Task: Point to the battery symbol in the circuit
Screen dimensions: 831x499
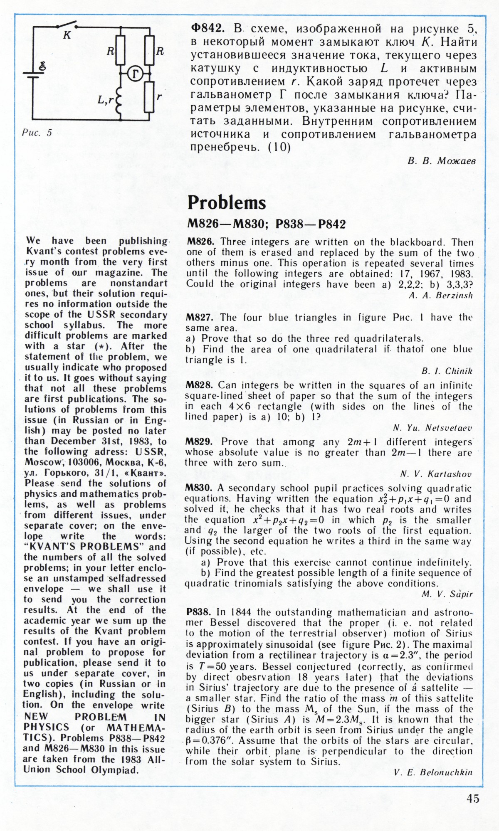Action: (x=33, y=73)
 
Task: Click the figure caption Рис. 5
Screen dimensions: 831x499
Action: (x=37, y=133)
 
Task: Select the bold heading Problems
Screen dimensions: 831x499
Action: (x=227, y=202)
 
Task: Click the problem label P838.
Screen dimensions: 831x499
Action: (x=200, y=612)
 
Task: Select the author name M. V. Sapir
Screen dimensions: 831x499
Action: (x=447, y=594)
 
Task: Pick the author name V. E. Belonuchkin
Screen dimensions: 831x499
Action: (x=433, y=772)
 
